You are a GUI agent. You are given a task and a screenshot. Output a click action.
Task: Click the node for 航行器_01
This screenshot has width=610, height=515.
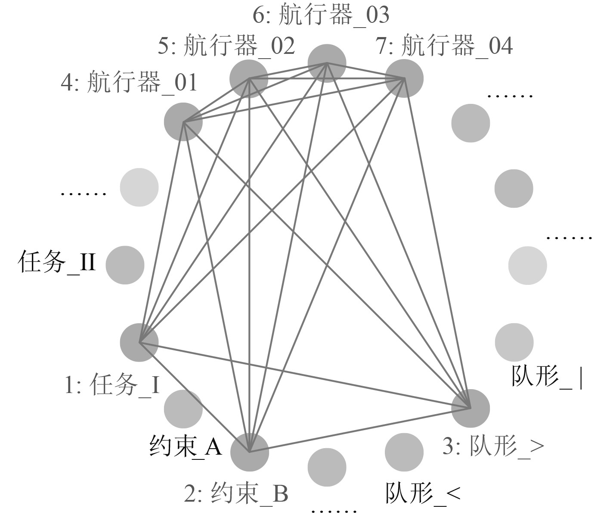183,122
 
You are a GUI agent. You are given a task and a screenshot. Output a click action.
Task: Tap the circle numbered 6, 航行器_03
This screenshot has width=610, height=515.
327,63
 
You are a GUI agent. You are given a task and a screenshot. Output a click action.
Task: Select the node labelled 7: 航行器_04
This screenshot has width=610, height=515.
404,78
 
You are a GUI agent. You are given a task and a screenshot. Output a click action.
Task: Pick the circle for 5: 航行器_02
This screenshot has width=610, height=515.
249,79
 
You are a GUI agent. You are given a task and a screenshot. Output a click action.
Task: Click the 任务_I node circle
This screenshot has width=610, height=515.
139,343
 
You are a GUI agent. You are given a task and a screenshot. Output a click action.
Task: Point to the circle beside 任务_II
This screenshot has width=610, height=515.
125,265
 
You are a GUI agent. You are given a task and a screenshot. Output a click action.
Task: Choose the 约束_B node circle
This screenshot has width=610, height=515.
249,452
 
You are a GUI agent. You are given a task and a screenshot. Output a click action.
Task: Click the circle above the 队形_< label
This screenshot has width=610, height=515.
404,452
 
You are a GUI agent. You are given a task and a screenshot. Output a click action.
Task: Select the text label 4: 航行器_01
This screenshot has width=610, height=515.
129,82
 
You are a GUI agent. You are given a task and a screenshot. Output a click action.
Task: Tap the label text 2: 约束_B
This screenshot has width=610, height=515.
236,494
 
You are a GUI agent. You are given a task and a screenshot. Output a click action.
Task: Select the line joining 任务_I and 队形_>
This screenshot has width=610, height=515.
305,375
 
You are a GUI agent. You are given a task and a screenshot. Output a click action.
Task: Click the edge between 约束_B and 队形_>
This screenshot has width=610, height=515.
360,430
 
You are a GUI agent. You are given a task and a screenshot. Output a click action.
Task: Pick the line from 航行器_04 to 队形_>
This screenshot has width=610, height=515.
437,243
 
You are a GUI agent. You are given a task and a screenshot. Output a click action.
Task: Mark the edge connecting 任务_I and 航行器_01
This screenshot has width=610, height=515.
161,232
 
